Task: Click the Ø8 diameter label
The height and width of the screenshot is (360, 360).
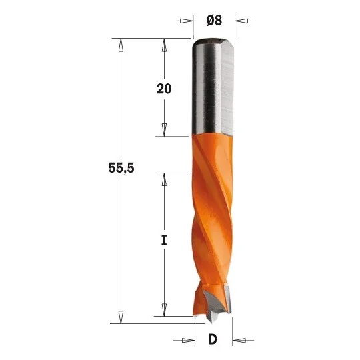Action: click(x=214, y=21)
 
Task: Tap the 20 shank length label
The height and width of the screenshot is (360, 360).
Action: click(x=164, y=89)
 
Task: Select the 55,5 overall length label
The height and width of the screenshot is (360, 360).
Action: click(x=121, y=168)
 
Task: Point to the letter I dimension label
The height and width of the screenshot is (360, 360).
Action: click(x=164, y=240)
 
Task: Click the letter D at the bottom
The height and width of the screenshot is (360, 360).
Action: click(x=213, y=339)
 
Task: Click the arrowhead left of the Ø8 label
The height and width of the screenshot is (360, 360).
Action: click(x=187, y=21)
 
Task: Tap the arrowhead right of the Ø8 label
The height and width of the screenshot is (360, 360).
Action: click(x=241, y=21)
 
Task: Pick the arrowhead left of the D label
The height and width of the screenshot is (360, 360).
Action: click(x=188, y=340)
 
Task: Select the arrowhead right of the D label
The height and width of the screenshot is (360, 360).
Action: click(x=239, y=340)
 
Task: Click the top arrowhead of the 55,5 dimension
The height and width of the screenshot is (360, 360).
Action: click(x=121, y=45)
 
